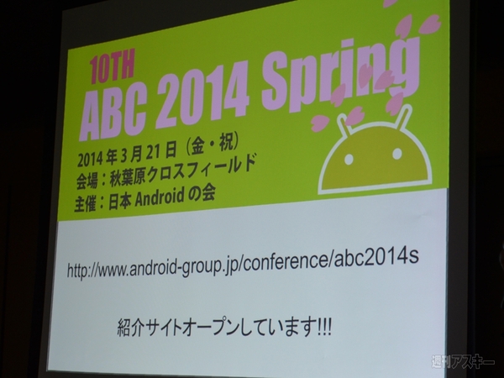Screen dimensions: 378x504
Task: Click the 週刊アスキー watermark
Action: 462,363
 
